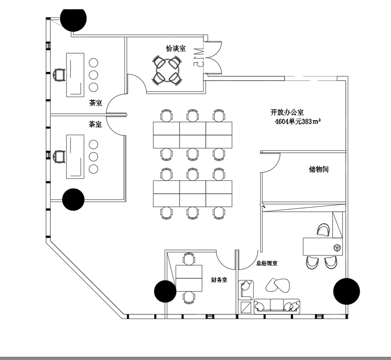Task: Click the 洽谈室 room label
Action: click(x=176, y=48)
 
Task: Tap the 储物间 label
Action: click(x=319, y=169)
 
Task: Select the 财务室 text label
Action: click(x=219, y=280)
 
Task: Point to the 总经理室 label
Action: click(x=267, y=263)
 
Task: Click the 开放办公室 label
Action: click(x=287, y=112)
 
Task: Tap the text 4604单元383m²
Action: click(x=298, y=122)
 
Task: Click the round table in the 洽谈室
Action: click(x=167, y=71)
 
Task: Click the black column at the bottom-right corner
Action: click(x=346, y=291)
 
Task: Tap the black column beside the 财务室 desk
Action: click(x=165, y=291)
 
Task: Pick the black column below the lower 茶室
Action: click(x=73, y=200)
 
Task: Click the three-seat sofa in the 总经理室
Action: click(x=277, y=306)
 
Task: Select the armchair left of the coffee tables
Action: click(x=245, y=290)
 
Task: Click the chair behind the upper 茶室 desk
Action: click(x=59, y=75)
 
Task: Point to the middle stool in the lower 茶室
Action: click(x=93, y=157)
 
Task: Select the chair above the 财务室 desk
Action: click(x=189, y=259)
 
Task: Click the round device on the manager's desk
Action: click(x=337, y=248)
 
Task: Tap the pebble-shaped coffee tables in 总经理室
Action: click(x=278, y=285)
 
